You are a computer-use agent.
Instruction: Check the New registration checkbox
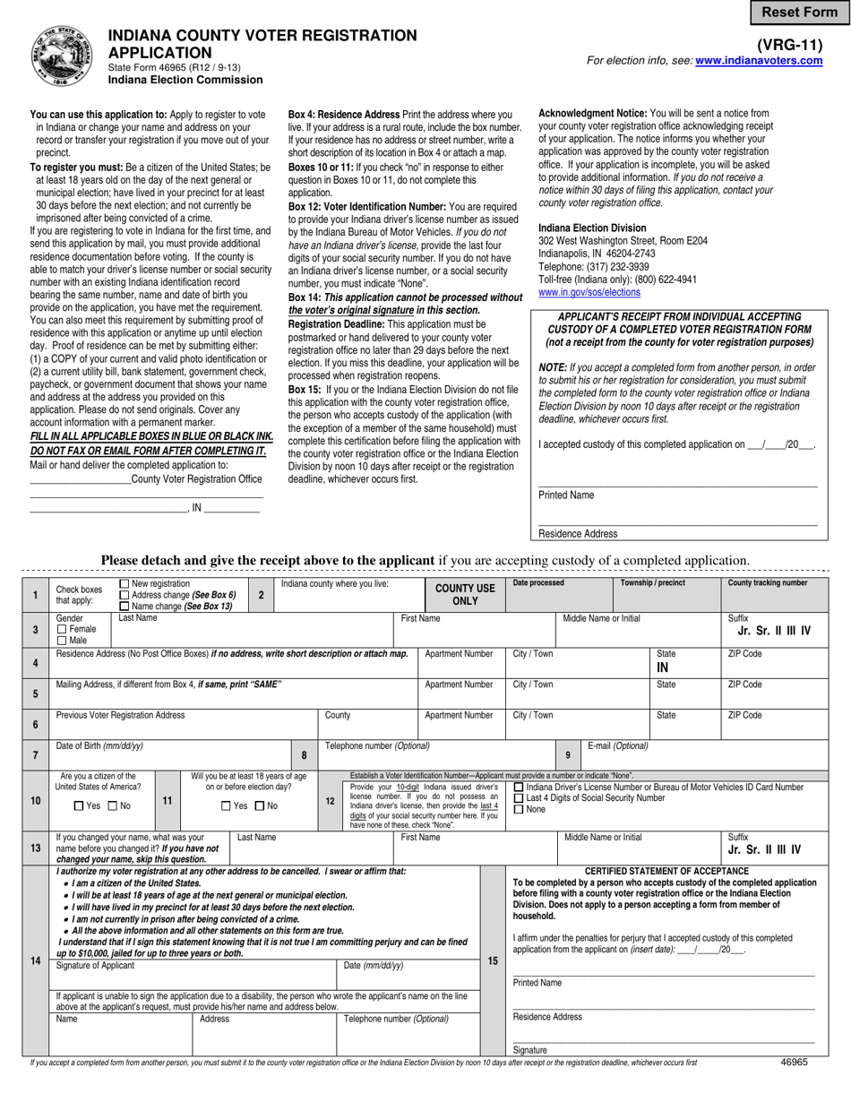pos(125,584)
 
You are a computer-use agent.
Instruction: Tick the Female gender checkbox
pos(61,629)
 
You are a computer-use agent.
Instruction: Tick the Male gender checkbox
pos(61,640)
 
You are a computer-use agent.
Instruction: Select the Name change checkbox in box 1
pos(125,607)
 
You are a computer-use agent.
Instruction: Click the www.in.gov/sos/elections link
pos(589,292)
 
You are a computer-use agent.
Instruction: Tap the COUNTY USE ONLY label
pos(465,595)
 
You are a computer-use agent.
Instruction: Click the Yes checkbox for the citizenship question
pos(78,806)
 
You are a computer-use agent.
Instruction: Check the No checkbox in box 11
pos(261,806)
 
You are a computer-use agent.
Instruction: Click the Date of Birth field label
pos(99,745)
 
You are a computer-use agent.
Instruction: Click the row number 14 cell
pos(35,960)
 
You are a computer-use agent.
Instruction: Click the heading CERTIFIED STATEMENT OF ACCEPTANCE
pos(666,871)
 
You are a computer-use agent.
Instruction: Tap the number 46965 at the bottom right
pos(794,1062)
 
